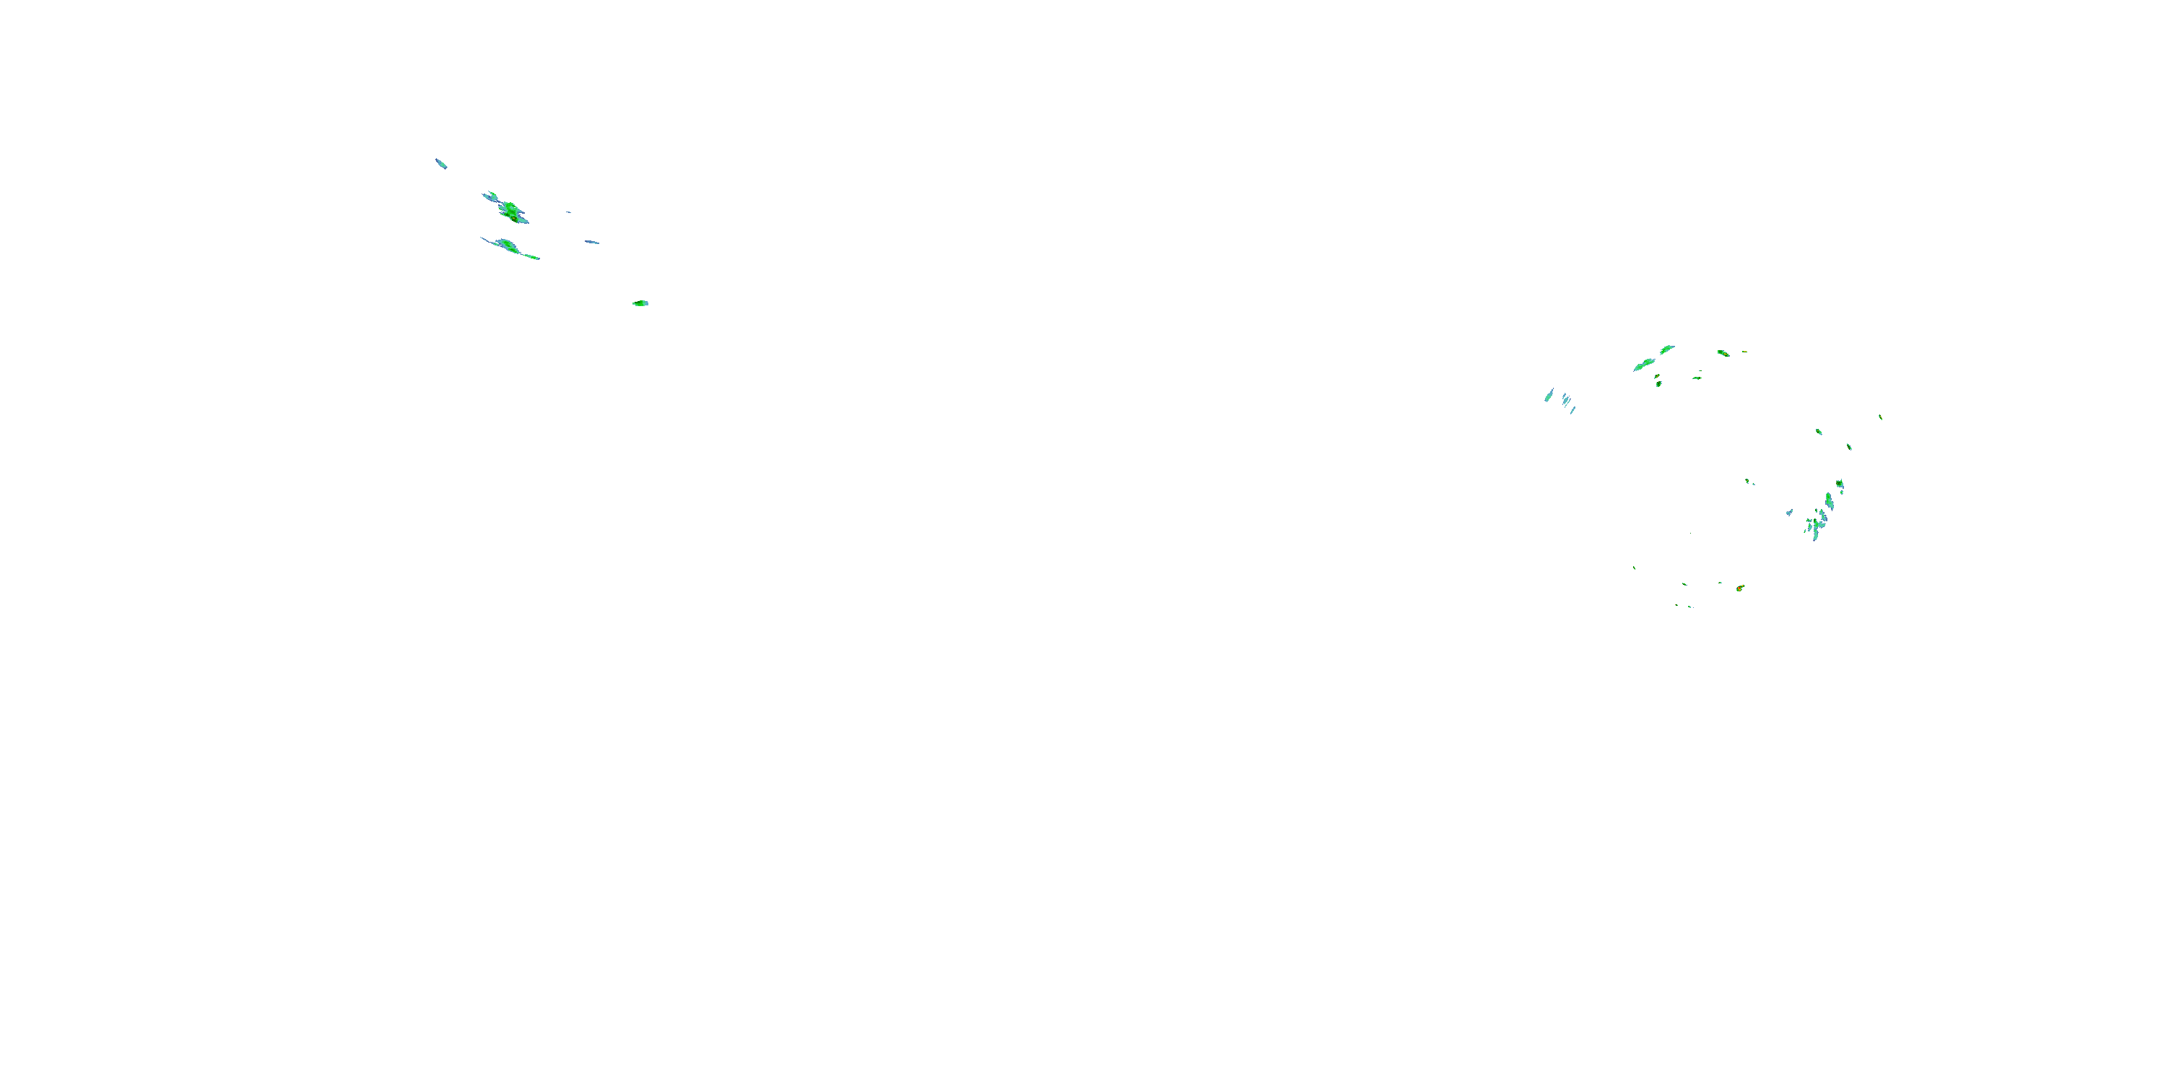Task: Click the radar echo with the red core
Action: pyautogui.click(x=1740, y=588)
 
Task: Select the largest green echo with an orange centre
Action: pyautogui.click(x=510, y=209)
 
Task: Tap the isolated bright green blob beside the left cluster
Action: pyautogui.click(x=640, y=303)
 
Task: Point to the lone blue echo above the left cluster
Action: pyautogui.click(x=440, y=162)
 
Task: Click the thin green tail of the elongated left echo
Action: pyautogui.click(x=531, y=256)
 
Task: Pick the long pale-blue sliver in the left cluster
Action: pyautogui.click(x=592, y=242)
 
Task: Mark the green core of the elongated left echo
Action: pyautogui.click(x=506, y=245)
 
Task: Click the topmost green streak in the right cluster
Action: pyautogui.click(x=1666, y=348)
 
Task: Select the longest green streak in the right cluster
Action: pyautogui.click(x=1644, y=364)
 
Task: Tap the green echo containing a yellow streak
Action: pyautogui.click(x=1723, y=352)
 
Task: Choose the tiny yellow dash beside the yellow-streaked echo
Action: pyautogui.click(x=1744, y=352)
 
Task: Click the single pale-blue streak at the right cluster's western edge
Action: pyautogui.click(x=1549, y=394)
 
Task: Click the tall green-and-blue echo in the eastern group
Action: pyautogui.click(x=1829, y=501)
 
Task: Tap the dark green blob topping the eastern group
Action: pyautogui.click(x=1840, y=484)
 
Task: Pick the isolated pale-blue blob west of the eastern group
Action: pyautogui.click(x=1789, y=512)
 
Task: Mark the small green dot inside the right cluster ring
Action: pyautogui.click(x=1748, y=481)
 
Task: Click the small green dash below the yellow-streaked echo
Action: pyautogui.click(x=1697, y=378)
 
